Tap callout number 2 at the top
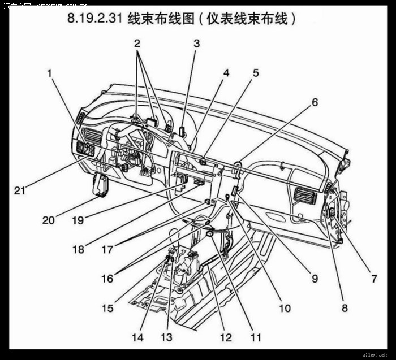coord(137,43)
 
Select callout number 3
coord(196,43)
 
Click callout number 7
coord(373,279)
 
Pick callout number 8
coord(344,308)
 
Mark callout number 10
coord(284,308)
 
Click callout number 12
coord(226,337)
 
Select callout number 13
coord(166,337)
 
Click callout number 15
coord(107,308)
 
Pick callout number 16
coord(107,279)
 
